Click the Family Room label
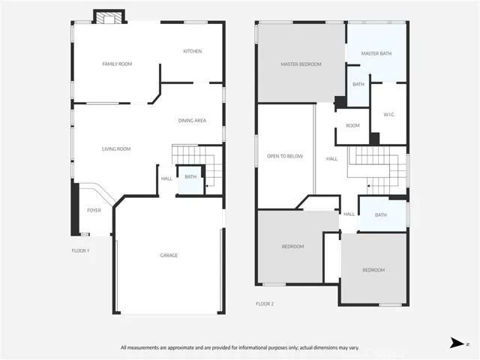[117, 64]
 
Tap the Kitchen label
[193, 51]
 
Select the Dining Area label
[192, 120]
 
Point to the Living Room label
[116, 148]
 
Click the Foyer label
[94, 210]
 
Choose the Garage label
[169, 255]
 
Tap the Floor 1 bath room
[190, 180]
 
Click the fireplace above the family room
[109, 16]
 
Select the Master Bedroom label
[301, 64]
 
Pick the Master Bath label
[376, 53]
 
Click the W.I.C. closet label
[389, 115]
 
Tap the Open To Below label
[285, 156]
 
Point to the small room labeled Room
[352, 126]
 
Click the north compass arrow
[457, 343]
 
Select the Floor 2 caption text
[265, 304]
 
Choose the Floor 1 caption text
[80, 250]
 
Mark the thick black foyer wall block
[75, 207]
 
